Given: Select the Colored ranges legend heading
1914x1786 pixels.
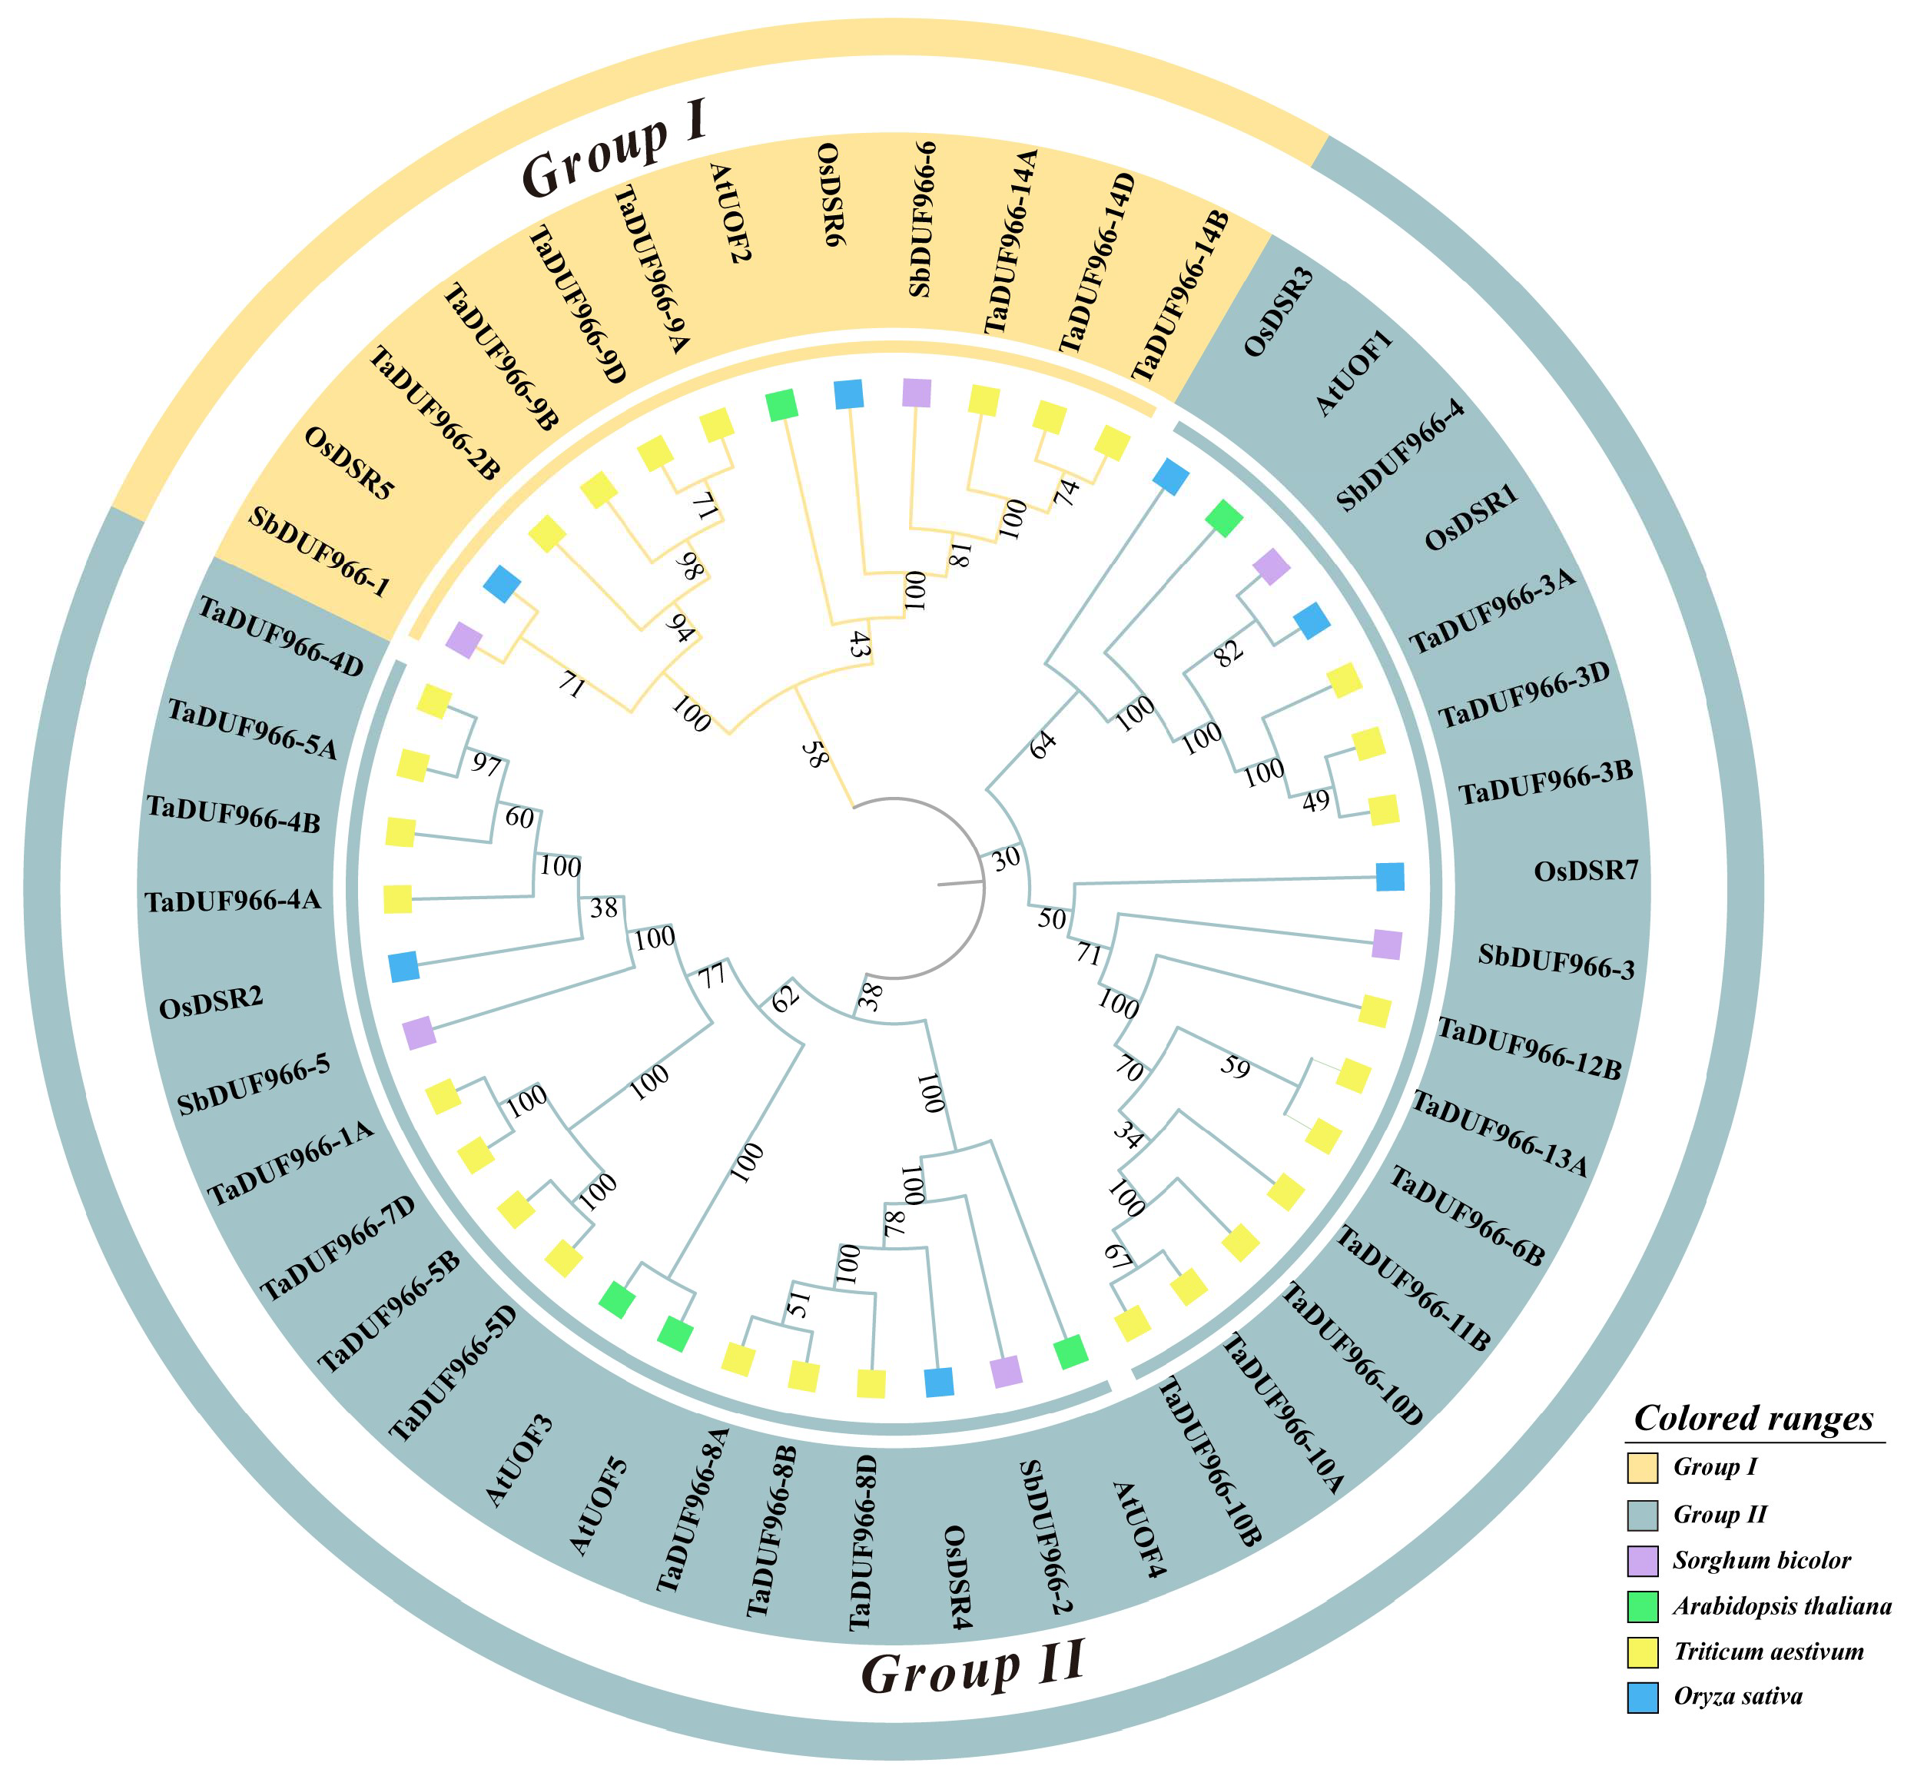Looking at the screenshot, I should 1753,1418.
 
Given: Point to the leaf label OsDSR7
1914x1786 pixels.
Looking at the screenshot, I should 1586,871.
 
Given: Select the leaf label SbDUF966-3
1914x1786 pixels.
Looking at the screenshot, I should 1556,961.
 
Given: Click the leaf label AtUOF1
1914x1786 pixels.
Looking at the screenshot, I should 1355,372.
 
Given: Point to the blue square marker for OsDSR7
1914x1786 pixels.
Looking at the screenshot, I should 1389,877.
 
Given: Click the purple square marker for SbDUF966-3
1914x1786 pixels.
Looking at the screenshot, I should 1386,944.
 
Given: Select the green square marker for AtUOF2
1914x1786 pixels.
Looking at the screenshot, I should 781,405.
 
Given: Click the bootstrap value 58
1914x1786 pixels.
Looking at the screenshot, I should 814,754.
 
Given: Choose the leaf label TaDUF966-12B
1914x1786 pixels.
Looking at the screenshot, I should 1529,1048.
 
